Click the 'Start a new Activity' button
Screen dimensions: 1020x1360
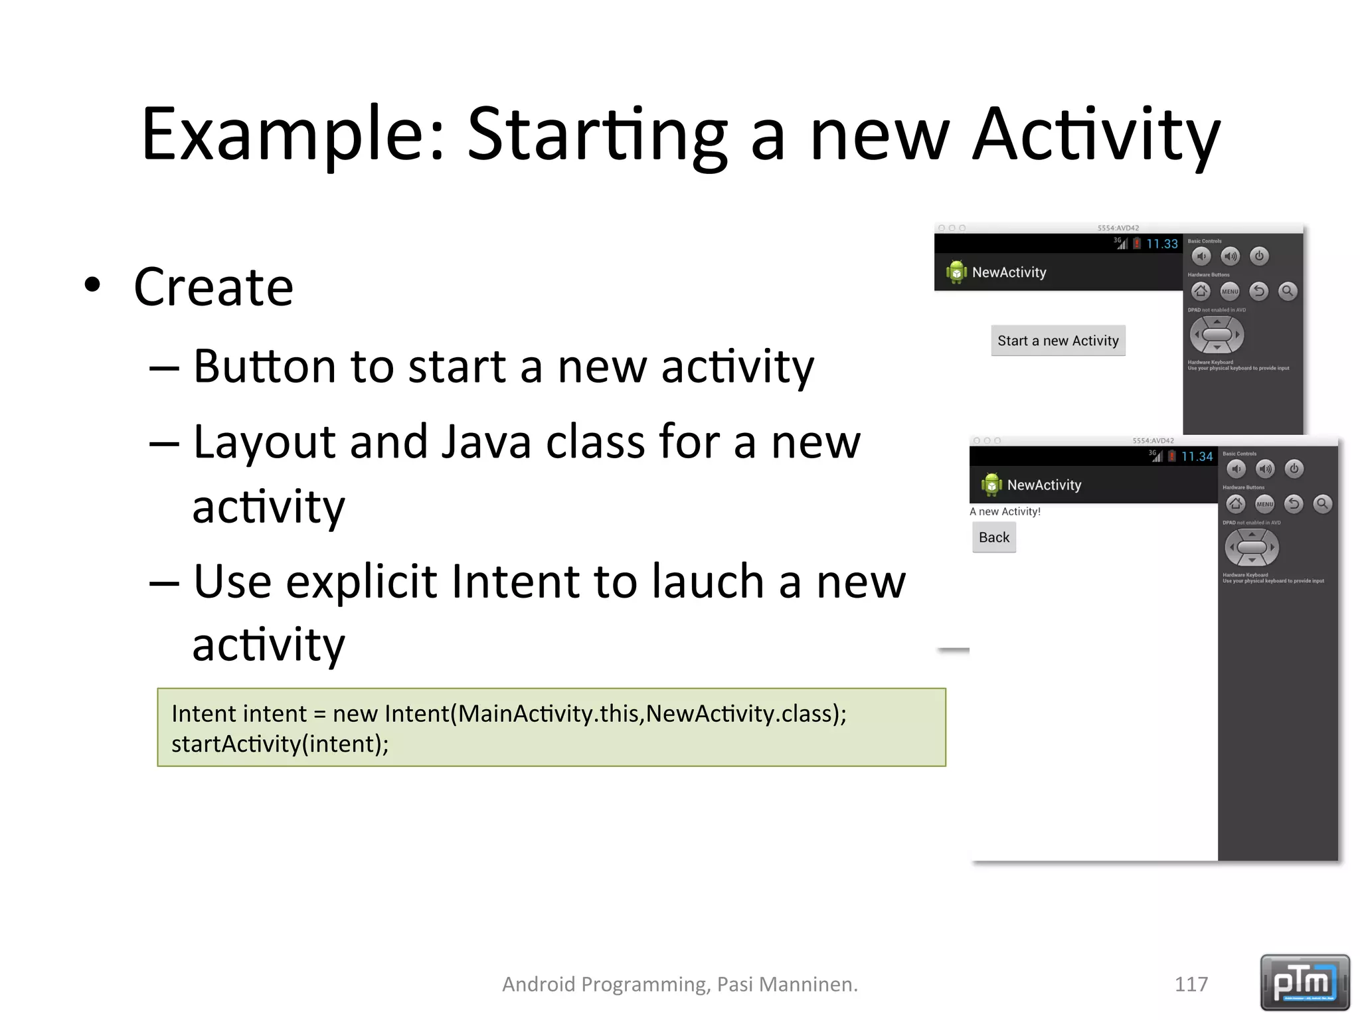(x=1058, y=341)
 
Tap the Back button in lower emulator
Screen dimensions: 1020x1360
(x=993, y=537)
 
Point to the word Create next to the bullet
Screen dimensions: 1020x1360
(x=213, y=287)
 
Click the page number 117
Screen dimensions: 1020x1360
(x=1191, y=983)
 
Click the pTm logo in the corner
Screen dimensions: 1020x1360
(x=1304, y=982)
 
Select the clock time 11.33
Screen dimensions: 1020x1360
(x=1161, y=244)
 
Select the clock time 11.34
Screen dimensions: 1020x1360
(x=1197, y=457)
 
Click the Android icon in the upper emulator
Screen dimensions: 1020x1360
(x=956, y=272)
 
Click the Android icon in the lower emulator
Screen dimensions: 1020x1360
(x=991, y=484)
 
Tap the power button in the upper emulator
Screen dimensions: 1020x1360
(x=1259, y=256)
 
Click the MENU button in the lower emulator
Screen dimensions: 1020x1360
(x=1264, y=504)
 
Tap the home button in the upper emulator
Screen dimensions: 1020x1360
(x=1201, y=291)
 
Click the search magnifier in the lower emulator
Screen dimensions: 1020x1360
(x=1322, y=504)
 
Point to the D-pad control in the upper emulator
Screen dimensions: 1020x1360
(x=1217, y=335)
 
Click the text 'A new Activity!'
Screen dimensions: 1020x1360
(x=1005, y=511)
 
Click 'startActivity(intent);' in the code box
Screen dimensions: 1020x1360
(x=280, y=744)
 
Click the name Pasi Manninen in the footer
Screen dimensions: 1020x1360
(x=787, y=984)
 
